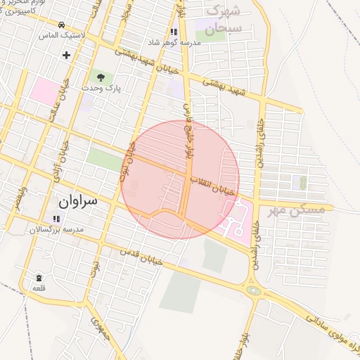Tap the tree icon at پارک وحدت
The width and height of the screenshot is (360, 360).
[x=100, y=77]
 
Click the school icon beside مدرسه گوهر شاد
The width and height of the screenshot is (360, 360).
[x=173, y=32]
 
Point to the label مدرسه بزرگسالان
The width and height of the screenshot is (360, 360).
[x=57, y=230]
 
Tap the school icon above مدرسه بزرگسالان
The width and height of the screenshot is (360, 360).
[x=56, y=218]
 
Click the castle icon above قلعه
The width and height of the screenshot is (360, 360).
[x=38, y=278]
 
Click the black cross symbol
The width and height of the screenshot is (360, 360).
[x=66, y=54]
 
